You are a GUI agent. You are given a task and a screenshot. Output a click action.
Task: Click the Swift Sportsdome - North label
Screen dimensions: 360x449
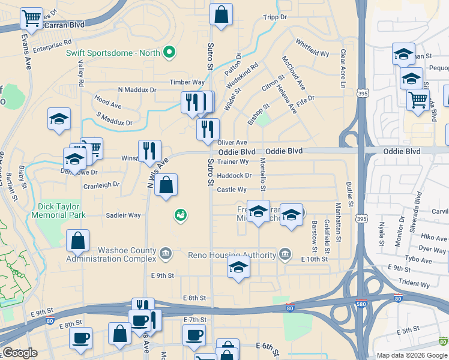113,53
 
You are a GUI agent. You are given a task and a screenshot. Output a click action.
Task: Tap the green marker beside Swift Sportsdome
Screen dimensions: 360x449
170,53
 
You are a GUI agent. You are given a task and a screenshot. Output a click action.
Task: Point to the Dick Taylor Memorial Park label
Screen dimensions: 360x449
60,210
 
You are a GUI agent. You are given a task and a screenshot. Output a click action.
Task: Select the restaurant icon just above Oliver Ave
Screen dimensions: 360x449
208,129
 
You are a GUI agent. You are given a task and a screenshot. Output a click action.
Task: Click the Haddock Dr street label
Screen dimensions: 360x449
234,176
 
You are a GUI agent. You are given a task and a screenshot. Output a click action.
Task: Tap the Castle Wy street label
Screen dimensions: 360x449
232,190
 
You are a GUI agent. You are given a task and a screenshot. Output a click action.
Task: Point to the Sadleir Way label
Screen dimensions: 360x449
123,215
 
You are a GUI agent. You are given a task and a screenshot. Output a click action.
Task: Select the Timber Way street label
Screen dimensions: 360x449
187,82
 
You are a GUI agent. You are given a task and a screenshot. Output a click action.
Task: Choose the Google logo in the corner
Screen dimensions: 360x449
20,353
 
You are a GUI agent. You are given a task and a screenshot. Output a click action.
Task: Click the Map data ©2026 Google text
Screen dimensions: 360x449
412,355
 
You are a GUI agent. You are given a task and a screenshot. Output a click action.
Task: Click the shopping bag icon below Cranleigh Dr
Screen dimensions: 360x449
166,185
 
